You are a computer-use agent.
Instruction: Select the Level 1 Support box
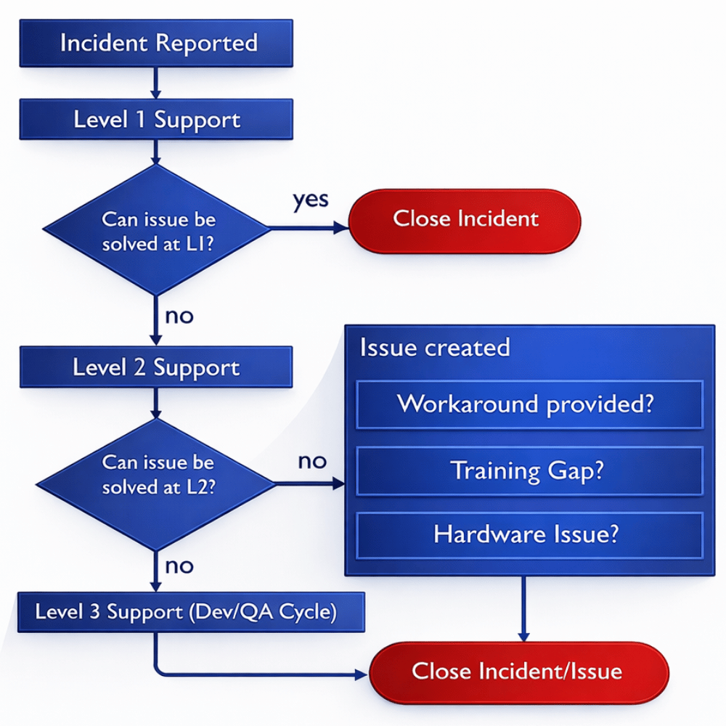point(156,120)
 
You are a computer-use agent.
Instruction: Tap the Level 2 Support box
point(156,367)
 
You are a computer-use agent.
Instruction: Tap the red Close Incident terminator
point(465,220)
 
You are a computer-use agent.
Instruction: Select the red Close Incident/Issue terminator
point(518,671)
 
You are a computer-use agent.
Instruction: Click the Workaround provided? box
point(529,404)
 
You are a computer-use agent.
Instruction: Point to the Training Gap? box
point(529,470)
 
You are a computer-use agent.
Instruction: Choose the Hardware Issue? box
point(529,535)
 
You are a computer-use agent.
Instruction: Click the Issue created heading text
point(435,348)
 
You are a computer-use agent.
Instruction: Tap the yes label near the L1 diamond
point(310,199)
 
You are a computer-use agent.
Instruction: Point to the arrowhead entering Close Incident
point(342,228)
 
